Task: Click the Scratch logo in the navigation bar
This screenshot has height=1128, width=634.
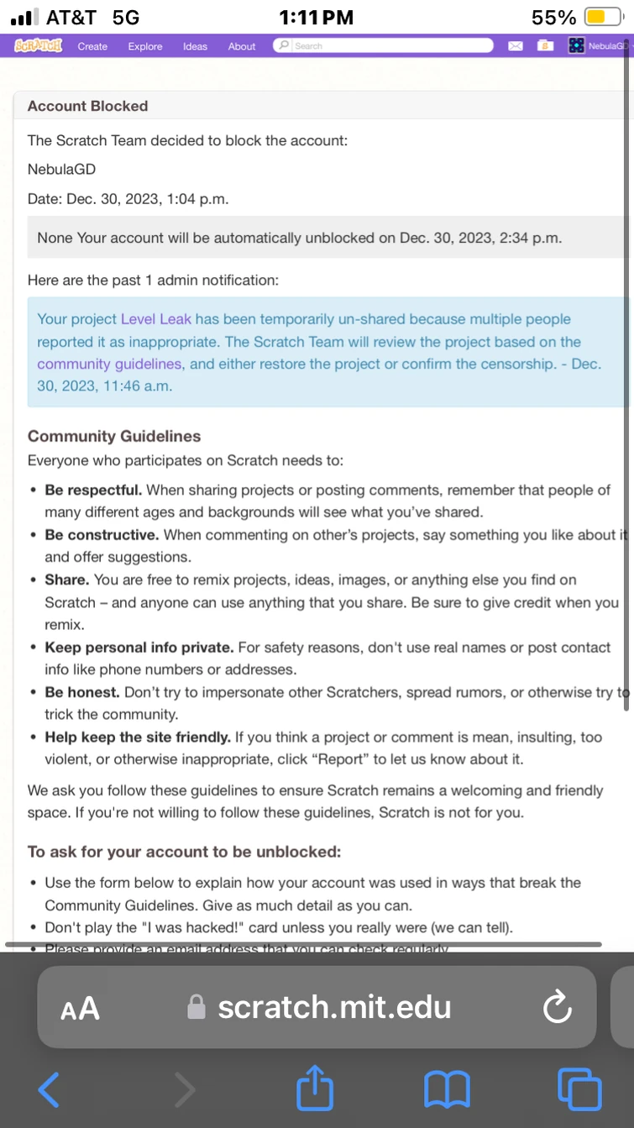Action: (39, 46)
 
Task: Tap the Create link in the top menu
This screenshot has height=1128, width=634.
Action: (92, 46)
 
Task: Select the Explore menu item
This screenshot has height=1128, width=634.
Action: (145, 46)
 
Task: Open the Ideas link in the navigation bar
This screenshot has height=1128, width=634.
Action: (195, 46)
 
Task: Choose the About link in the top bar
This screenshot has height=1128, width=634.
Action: (242, 46)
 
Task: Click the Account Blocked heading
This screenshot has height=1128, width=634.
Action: (87, 106)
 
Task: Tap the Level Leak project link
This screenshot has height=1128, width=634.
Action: (156, 319)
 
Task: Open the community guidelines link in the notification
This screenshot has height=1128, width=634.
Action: (109, 364)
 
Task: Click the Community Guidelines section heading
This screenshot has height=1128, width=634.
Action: (114, 436)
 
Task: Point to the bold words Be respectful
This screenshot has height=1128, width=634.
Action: (93, 490)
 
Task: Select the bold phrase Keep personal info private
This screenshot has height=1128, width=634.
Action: (139, 648)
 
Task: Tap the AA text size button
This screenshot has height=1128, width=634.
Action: (81, 1007)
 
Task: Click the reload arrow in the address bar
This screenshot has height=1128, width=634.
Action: (557, 1007)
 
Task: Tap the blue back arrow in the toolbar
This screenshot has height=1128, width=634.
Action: (50, 1089)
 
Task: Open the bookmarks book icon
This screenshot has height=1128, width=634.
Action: (448, 1089)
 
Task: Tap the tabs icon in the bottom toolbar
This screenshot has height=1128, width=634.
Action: (579, 1089)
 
